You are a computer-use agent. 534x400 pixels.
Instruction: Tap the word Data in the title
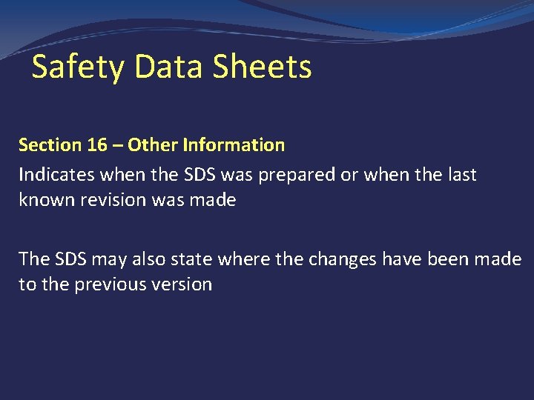170,67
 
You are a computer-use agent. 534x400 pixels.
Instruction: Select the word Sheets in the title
262,67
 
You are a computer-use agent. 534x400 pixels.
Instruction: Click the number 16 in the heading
97,144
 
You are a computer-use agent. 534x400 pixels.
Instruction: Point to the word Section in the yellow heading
50,144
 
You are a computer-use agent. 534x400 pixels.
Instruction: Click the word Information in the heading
233,144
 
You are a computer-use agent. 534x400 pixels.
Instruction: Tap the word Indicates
56,176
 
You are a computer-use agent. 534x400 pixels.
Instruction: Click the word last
461,176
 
